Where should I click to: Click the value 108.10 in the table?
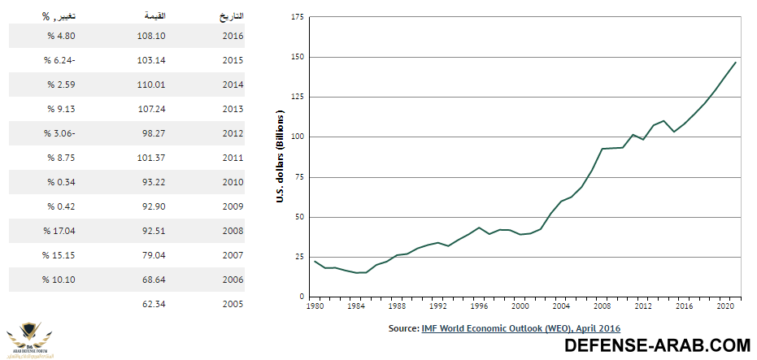(x=153, y=36)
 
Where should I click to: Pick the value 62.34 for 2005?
(x=153, y=304)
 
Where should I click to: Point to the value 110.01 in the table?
(x=153, y=85)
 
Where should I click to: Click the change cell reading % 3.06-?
(x=59, y=133)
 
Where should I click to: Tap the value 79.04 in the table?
(x=153, y=255)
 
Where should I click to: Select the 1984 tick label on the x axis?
(x=355, y=307)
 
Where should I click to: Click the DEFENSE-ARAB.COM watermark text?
(x=658, y=346)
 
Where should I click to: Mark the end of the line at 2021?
(x=736, y=63)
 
